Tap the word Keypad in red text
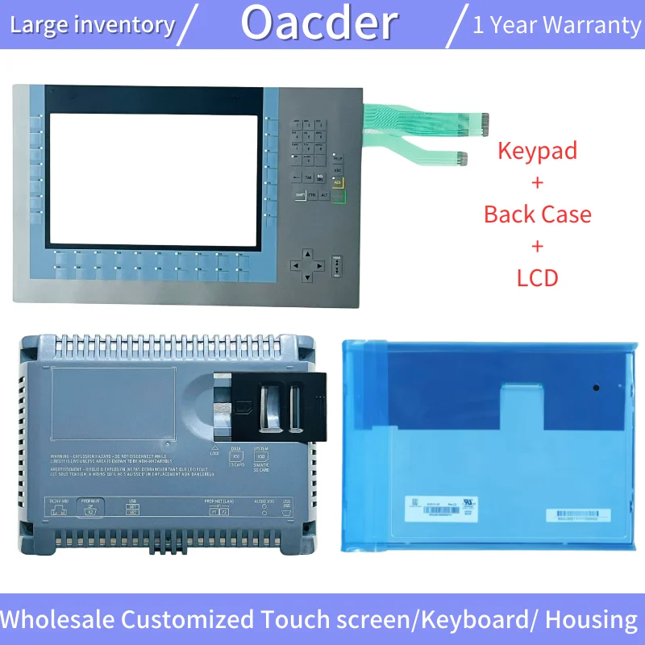pos(537,150)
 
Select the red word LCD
pos(537,278)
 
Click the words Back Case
pos(537,214)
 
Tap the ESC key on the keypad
pos(338,170)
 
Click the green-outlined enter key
pos(338,194)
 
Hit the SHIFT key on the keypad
pos(300,195)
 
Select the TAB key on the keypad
pos(309,177)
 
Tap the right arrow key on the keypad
pos(318,264)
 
